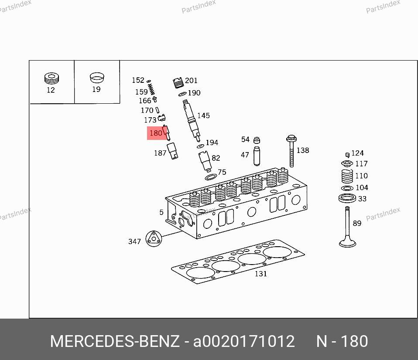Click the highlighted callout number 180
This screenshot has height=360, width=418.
[x=156, y=133]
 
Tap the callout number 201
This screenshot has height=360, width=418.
[x=191, y=81]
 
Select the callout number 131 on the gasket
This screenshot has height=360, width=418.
[x=261, y=274]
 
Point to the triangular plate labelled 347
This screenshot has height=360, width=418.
[x=154, y=239]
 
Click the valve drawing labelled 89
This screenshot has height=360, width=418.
[x=347, y=227]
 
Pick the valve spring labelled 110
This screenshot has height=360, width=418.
[x=347, y=176]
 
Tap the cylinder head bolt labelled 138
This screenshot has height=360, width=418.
[x=291, y=151]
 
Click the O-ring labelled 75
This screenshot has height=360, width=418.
[x=211, y=177]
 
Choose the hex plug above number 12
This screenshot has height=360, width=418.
[x=52, y=78]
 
